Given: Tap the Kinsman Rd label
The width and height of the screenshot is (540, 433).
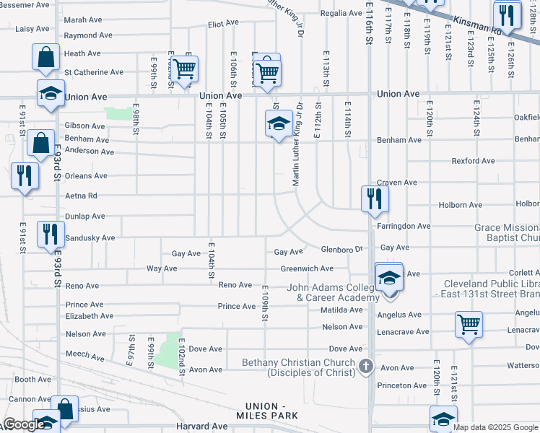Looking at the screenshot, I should click(x=477, y=27).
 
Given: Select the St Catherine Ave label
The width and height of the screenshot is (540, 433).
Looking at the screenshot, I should click(x=94, y=72).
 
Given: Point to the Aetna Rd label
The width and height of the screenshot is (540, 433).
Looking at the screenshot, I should click(x=81, y=196).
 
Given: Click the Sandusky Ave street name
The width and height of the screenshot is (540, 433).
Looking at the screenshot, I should click(x=90, y=237).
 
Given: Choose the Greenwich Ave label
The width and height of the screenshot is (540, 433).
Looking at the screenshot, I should click(x=307, y=268).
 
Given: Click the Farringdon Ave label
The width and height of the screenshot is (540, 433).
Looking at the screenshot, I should click(x=404, y=226).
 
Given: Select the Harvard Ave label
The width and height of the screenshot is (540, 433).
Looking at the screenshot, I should click(x=202, y=427).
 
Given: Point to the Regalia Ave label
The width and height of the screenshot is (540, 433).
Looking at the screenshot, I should click(x=340, y=13).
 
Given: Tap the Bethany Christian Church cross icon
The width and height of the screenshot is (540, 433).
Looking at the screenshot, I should click(x=366, y=366).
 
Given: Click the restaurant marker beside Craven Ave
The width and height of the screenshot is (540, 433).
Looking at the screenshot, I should click(x=374, y=198).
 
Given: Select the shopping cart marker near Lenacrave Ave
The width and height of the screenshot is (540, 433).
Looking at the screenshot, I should click(x=469, y=325).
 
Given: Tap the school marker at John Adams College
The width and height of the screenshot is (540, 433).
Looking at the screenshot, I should click(x=389, y=278).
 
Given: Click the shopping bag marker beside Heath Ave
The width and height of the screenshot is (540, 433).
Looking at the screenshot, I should click(x=45, y=57).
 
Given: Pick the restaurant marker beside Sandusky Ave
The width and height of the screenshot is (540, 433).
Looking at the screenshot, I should click(x=50, y=234).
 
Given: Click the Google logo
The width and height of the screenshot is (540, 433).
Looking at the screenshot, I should click(x=22, y=425).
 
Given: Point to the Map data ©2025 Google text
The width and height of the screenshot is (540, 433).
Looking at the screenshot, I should click(x=495, y=427).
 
